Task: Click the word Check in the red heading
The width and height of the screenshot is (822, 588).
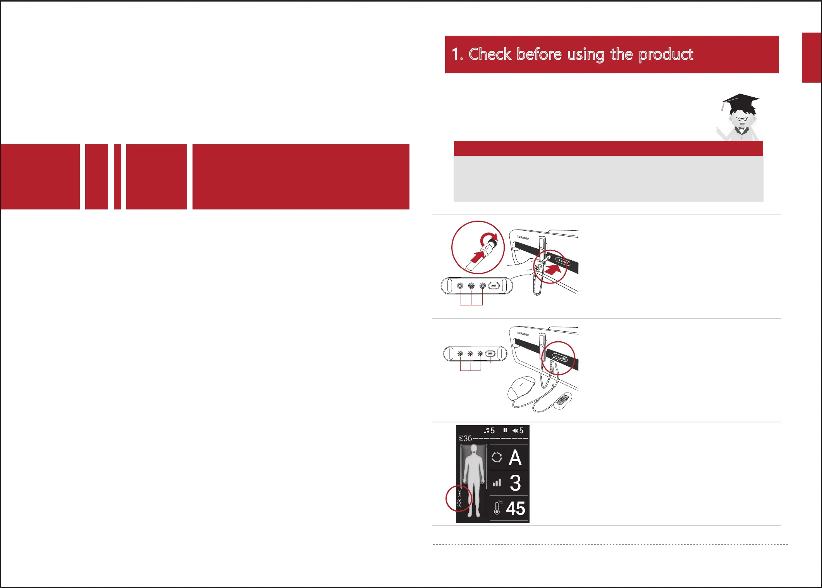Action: click(490, 54)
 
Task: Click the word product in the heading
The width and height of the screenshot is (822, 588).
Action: click(666, 55)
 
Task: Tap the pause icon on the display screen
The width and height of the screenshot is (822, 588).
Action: click(505, 430)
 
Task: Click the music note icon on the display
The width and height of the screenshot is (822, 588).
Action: click(487, 431)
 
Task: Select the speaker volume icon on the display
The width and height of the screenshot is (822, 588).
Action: click(515, 431)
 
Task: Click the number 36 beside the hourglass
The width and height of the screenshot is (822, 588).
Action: click(468, 438)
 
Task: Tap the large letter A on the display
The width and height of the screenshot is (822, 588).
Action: click(515, 458)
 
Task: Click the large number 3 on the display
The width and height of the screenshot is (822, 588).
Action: click(515, 483)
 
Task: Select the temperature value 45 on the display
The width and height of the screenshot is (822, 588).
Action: click(516, 508)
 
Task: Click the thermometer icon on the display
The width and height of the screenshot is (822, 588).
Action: click(497, 508)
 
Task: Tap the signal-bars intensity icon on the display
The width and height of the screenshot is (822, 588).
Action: click(497, 483)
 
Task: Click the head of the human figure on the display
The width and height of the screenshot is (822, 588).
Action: click(473, 450)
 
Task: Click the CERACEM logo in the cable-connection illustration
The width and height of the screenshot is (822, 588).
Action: click(523, 334)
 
